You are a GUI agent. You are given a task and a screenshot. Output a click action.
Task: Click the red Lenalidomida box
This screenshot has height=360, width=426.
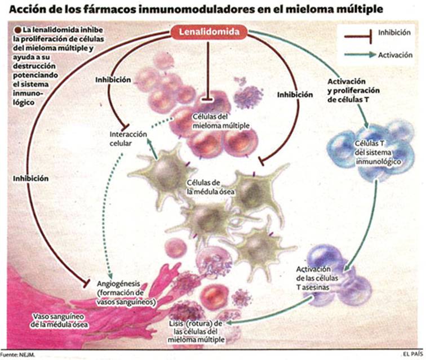[209, 32]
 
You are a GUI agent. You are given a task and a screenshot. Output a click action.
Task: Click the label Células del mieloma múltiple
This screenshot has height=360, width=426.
[221, 121]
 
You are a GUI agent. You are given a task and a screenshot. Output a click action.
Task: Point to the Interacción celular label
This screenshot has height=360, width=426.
[128, 139]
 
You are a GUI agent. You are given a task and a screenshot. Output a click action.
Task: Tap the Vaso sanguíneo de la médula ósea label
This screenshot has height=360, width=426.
[59, 321]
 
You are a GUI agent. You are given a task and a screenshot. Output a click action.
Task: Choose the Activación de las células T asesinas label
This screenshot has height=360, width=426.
[317, 278]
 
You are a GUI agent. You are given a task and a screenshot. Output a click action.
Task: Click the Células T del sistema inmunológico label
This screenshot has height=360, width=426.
[378, 153]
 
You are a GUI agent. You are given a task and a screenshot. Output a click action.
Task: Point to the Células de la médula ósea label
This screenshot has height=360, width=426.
[211, 187]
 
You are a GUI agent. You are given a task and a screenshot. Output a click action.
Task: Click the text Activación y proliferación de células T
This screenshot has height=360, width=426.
[353, 91]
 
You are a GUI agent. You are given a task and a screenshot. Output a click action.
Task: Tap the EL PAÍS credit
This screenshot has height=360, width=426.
[413, 354]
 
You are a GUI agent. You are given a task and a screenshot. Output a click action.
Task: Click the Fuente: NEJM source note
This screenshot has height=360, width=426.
[17, 354]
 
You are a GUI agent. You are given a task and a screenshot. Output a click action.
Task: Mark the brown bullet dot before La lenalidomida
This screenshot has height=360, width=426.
[18, 30]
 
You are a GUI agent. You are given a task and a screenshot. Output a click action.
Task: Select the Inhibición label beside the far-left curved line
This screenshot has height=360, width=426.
[30, 179]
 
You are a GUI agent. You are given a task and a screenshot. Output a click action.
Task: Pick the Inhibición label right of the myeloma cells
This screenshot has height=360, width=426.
[295, 95]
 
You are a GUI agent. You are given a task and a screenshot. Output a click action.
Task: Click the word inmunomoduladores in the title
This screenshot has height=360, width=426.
[198, 9]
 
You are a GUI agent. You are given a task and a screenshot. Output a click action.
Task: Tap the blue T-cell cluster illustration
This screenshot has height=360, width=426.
[371, 151]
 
